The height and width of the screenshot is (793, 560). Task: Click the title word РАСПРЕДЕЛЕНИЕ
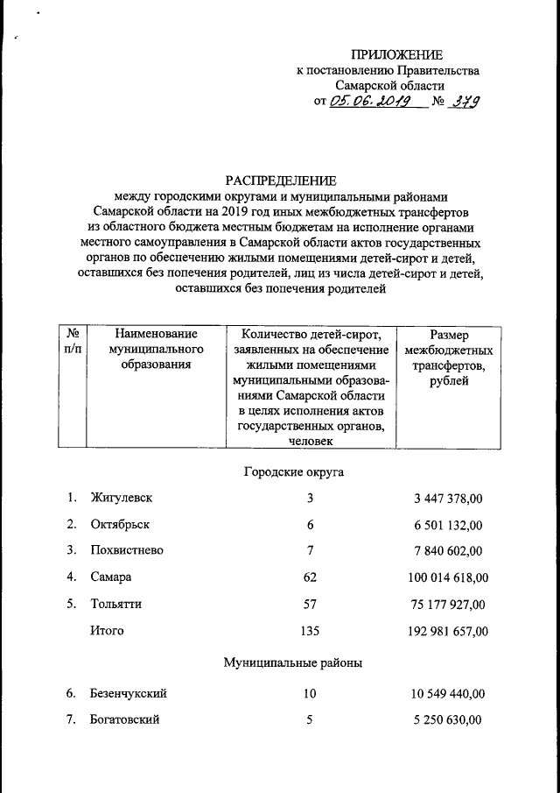(279, 181)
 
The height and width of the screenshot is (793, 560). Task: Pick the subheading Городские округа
(292, 472)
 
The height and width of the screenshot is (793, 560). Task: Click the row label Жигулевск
(122, 499)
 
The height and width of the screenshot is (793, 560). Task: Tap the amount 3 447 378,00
(448, 499)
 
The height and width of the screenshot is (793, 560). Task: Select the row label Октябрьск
(120, 525)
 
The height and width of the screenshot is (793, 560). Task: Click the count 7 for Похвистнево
(310, 551)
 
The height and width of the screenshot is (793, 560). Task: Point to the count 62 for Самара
(310, 577)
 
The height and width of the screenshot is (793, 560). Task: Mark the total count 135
(310, 630)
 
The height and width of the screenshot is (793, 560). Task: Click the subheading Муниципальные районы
(292, 663)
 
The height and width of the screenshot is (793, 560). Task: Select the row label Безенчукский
(129, 694)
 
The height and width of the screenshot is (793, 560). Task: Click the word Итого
(107, 630)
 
